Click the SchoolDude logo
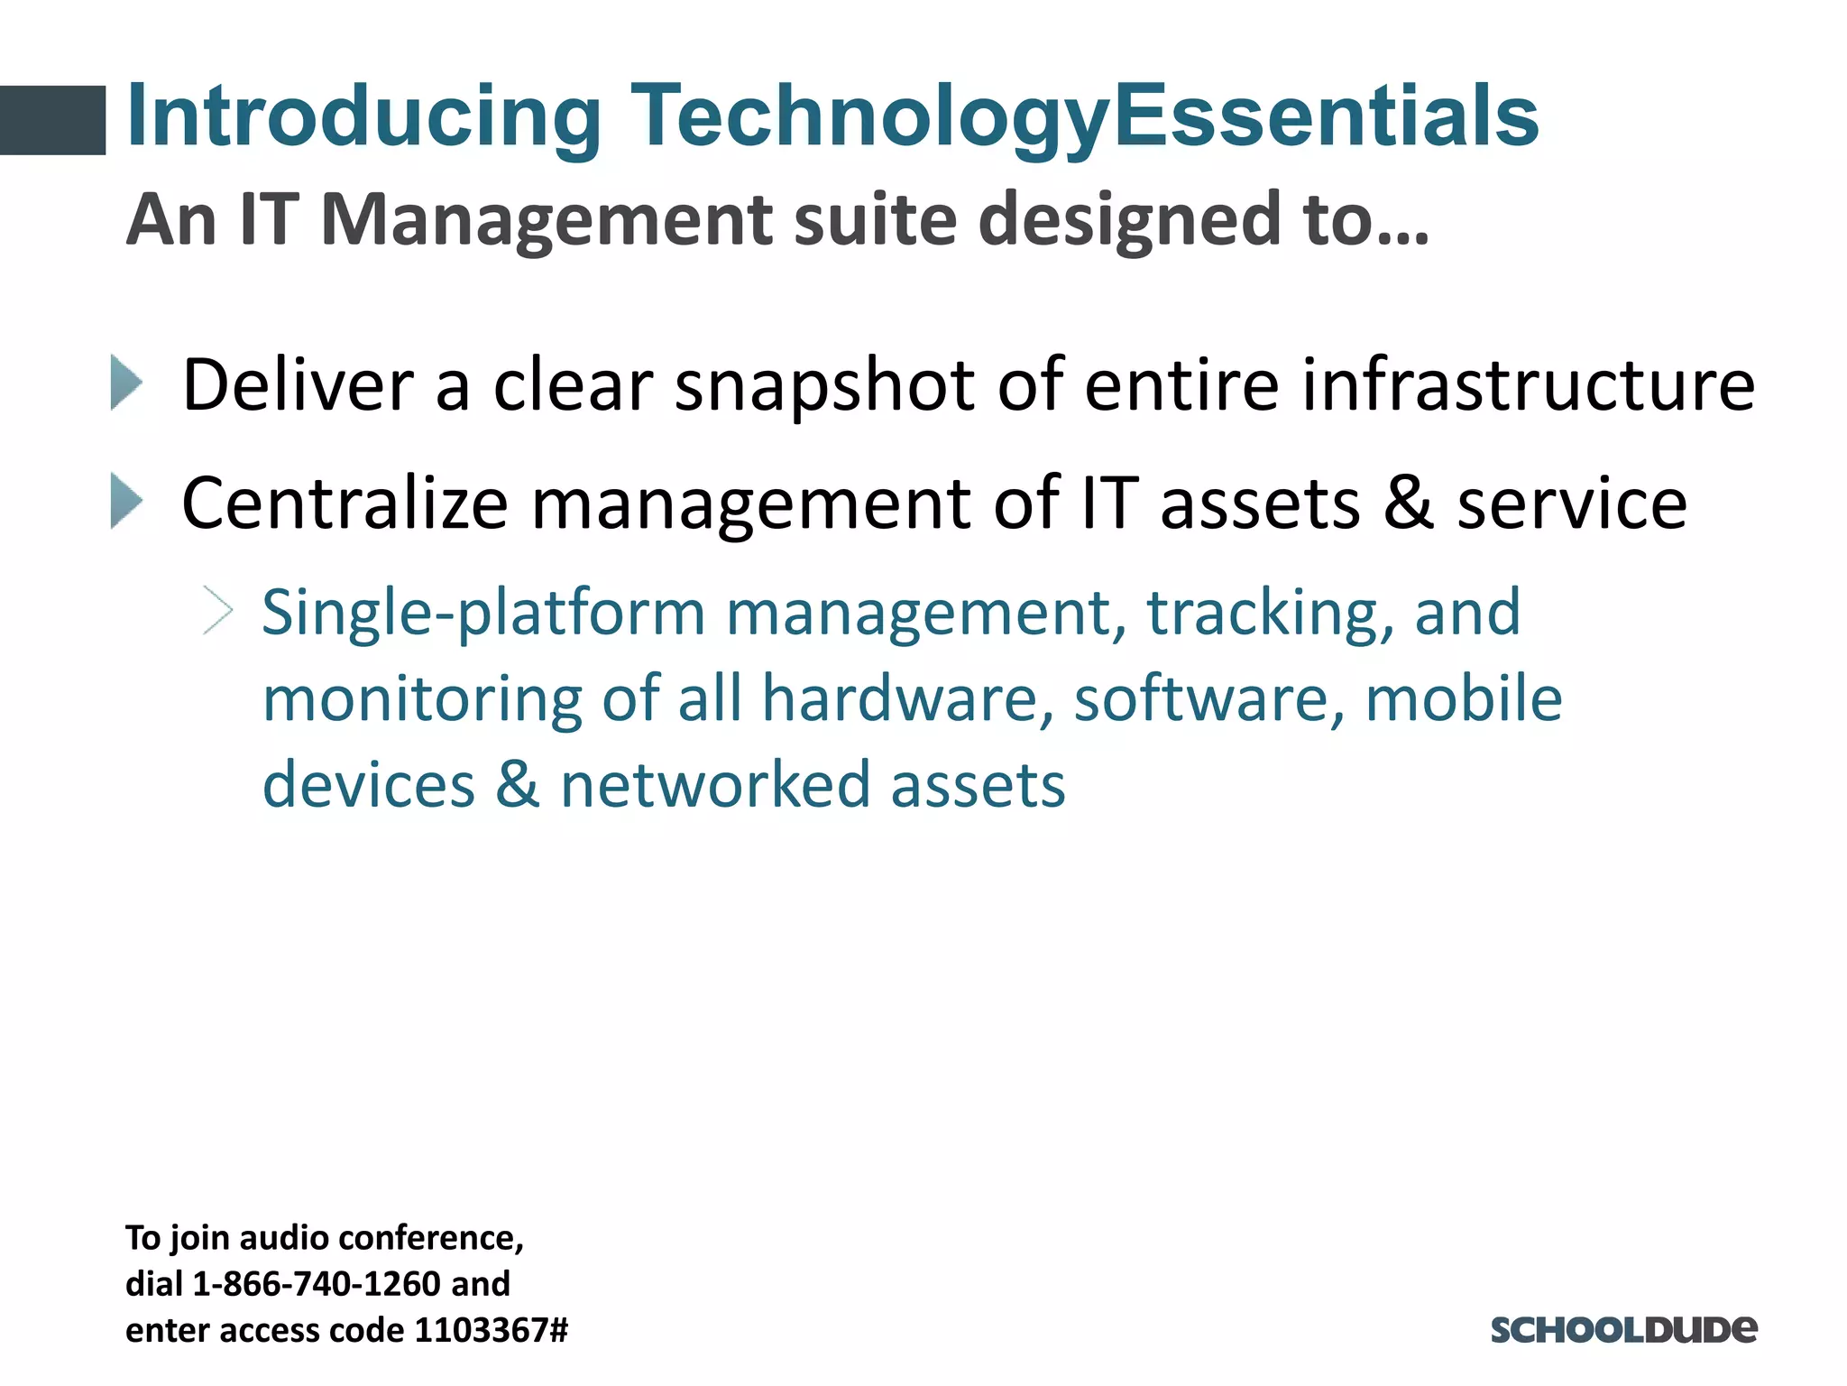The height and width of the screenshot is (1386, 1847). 1623,1329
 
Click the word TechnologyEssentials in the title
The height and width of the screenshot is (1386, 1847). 1084,117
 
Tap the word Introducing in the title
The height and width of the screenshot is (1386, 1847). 364,117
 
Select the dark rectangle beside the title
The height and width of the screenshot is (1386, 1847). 52,120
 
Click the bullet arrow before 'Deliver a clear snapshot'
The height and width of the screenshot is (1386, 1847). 126,383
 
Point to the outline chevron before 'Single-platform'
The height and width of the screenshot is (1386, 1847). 218,611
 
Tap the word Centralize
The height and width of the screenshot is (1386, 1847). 345,503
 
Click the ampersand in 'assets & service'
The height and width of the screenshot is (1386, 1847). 1409,503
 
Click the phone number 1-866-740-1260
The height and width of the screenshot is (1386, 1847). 317,1284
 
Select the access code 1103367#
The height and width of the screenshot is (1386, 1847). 491,1330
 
